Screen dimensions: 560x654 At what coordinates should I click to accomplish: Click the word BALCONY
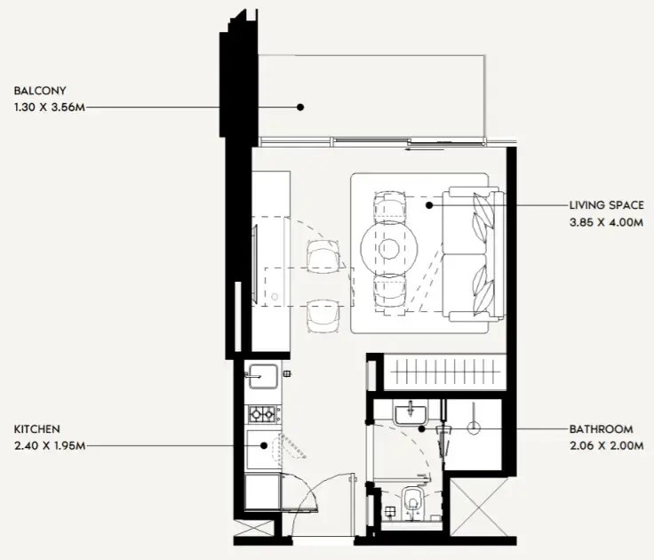40,91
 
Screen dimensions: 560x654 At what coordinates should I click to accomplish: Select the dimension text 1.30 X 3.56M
51,107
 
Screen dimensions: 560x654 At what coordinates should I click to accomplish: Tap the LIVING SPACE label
607,205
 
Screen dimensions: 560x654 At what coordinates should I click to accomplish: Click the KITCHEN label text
36,428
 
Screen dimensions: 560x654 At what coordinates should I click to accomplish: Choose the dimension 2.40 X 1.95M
49,445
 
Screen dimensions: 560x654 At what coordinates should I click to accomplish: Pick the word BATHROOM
602,428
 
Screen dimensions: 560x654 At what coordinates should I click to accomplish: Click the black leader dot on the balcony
300,107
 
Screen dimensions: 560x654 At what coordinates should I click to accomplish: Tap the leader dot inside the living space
428,205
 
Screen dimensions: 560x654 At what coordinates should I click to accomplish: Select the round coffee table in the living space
389,248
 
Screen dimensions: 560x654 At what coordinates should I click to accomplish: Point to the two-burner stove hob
263,413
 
